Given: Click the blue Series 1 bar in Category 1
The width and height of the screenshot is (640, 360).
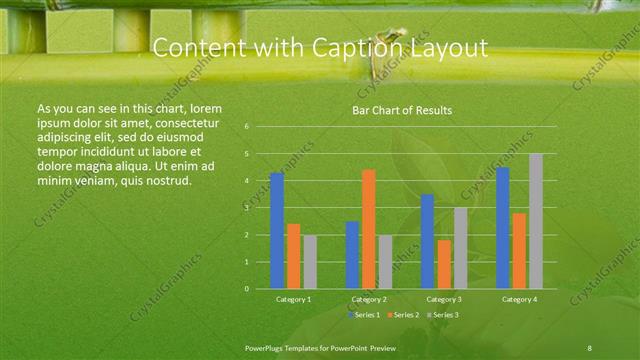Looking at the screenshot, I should (277, 231).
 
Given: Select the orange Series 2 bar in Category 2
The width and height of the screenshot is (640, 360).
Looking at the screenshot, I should (368, 229).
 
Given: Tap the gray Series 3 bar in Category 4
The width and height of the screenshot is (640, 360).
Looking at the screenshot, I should (536, 221).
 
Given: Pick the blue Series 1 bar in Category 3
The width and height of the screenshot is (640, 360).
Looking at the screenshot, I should (427, 241).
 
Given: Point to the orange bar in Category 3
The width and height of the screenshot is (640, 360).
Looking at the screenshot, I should (444, 264).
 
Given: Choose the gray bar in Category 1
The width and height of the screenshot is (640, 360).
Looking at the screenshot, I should (309, 262).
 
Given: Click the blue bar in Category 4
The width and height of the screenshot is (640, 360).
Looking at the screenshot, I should (503, 228).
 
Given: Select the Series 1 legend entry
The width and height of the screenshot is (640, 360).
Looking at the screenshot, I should (365, 315).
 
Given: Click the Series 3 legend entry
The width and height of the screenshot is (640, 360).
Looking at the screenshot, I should (443, 315).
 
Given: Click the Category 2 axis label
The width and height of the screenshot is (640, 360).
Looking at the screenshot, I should (369, 299).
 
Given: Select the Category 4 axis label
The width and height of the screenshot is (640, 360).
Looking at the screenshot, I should (519, 299).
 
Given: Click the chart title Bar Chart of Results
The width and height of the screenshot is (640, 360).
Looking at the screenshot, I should (402, 110).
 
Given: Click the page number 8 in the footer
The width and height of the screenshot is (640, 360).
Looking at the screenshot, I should (590, 346).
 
